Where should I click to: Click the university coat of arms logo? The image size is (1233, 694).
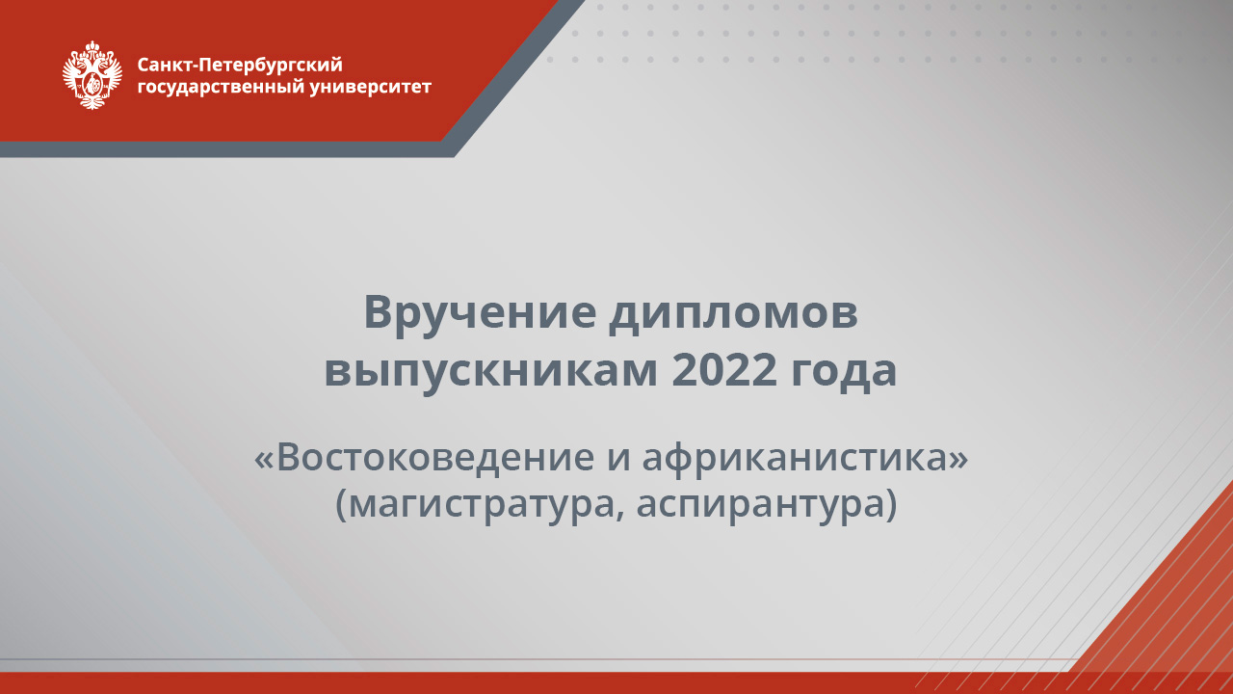click(92, 74)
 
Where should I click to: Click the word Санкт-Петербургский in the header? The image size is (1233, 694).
click(240, 65)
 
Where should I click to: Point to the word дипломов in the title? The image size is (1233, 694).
click(733, 313)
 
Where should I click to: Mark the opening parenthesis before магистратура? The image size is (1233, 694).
click(342, 504)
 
